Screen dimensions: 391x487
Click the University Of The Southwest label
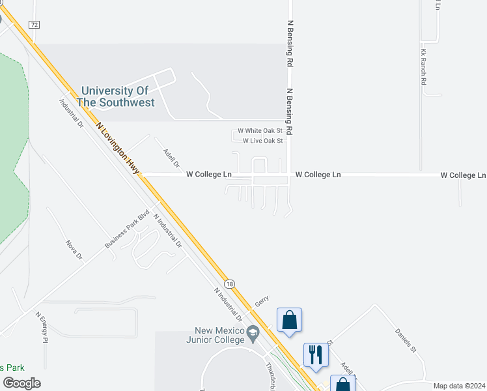pos(116,96)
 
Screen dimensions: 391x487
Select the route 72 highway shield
pos(35,24)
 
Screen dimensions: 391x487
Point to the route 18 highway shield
pos(229,283)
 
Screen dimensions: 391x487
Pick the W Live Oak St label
pos(263,141)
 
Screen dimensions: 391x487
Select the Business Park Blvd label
pos(127,229)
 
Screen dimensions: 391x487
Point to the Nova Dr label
pos(74,250)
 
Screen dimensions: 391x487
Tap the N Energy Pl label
pos(42,328)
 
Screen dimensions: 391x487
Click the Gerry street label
pos(262,300)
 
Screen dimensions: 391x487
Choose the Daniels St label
pos(405,338)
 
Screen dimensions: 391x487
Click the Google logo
pos(21,383)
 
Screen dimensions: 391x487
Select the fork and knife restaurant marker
pos(316,355)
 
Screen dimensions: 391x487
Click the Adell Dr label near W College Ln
pos(171,156)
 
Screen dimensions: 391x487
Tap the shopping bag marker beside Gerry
pos(290,320)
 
